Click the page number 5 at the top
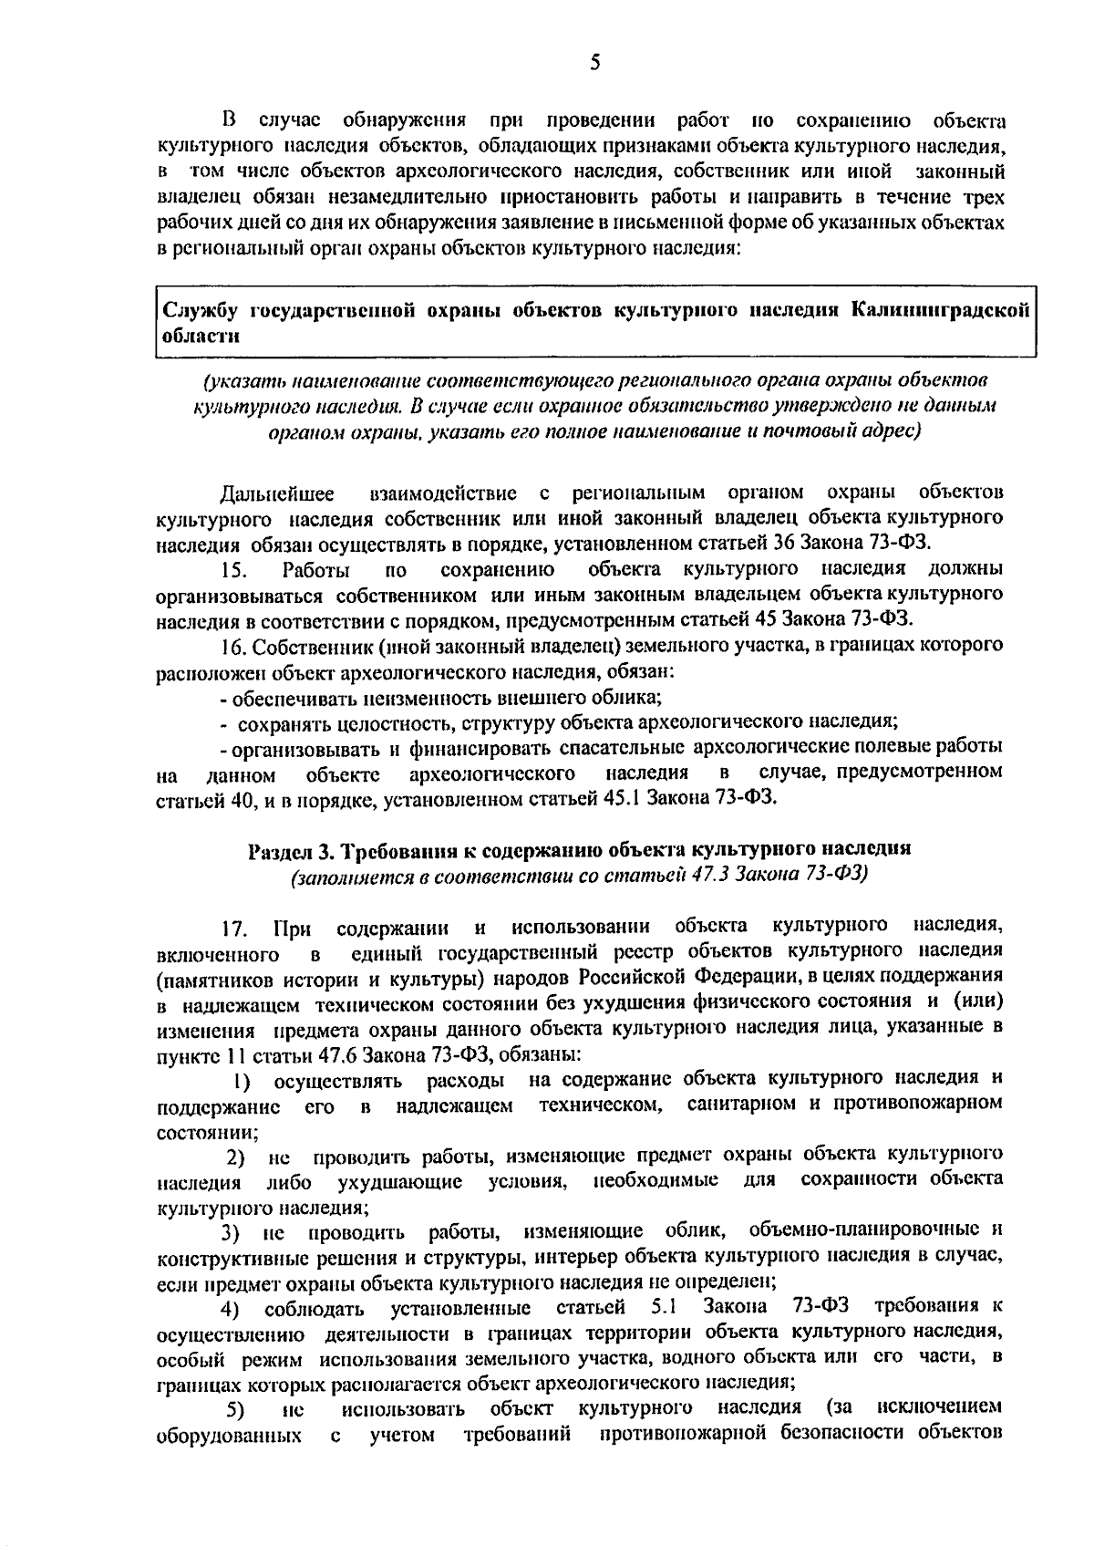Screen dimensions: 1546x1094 click(594, 62)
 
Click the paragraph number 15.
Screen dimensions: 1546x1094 click(233, 571)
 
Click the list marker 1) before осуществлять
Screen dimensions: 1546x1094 click(242, 1082)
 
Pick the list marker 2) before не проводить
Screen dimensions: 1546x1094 click(236, 1159)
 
